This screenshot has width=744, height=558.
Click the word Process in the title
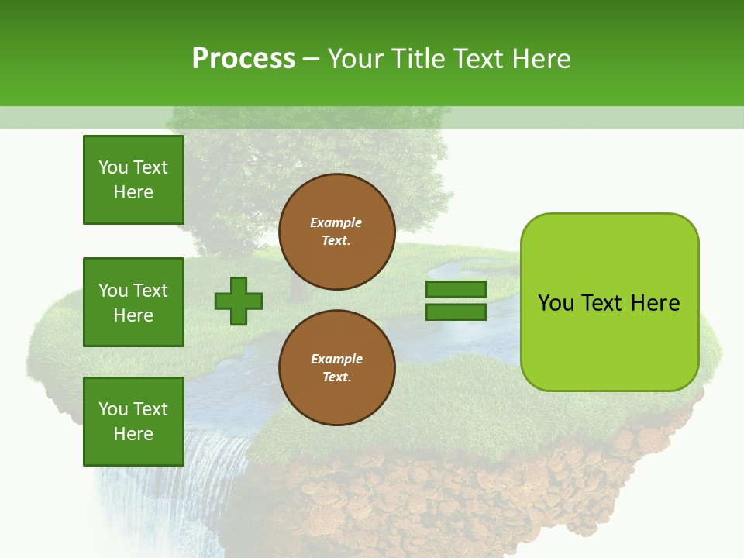tap(243, 59)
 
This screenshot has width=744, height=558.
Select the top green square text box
tap(133, 180)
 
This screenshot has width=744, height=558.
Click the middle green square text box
tap(133, 302)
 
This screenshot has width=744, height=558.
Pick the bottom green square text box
tap(133, 422)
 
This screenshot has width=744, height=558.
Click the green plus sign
tap(239, 301)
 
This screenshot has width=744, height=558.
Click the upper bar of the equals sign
tap(456, 290)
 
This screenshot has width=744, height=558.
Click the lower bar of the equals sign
tap(456, 312)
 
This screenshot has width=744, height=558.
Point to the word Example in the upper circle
tap(336, 222)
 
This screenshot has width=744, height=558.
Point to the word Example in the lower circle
tap(336, 359)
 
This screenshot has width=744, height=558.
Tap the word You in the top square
tap(112, 167)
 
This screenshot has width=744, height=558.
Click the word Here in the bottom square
tap(133, 434)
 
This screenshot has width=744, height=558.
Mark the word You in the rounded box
tap(555, 303)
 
